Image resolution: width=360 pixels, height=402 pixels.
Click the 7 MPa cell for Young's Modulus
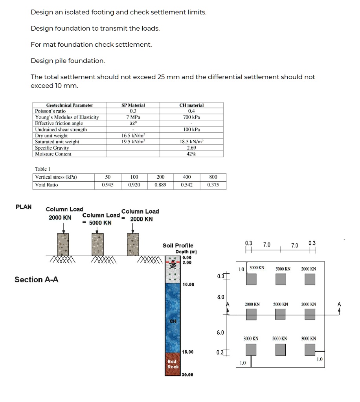point(133,117)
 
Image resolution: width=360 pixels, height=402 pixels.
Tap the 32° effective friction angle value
point(133,123)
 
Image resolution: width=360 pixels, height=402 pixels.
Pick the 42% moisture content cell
point(191,154)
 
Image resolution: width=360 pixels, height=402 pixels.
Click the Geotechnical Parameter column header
point(70,105)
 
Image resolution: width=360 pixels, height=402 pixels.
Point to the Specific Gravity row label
point(52,148)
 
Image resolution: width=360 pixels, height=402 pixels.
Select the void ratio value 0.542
point(187,185)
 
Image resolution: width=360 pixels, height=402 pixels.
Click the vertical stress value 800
point(213,177)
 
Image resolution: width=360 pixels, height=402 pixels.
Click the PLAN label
point(24,207)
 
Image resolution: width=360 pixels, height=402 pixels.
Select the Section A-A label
point(36,280)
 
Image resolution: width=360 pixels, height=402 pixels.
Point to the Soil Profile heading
point(178,245)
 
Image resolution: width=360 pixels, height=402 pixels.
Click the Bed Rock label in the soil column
point(173,364)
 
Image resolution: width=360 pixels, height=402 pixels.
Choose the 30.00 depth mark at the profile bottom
point(188,375)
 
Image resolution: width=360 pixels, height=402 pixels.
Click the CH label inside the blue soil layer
point(173,321)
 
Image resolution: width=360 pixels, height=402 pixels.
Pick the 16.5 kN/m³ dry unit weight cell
point(133,136)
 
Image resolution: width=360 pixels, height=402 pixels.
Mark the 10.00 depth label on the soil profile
point(188,284)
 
